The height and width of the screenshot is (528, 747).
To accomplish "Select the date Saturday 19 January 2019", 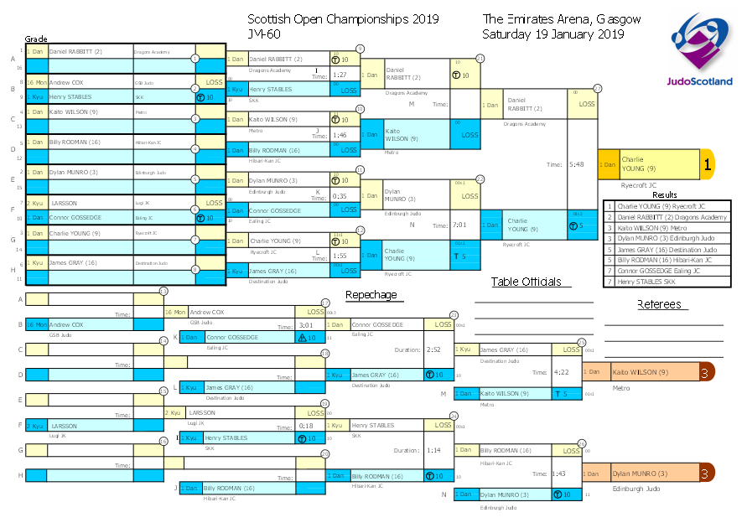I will tap(552, 34).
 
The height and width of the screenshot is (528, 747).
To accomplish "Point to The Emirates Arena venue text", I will tap(562, 19).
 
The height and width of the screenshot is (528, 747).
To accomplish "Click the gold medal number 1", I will tap(707, 165).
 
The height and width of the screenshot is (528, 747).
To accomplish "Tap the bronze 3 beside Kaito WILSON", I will tap(706, 372).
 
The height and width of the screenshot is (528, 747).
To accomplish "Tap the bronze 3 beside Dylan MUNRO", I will tap(706, 474).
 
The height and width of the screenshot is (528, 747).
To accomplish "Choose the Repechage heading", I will tap(371, 295).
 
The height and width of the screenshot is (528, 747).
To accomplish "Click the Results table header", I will tap(665, 194).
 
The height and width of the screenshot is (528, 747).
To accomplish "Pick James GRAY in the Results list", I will tap(665, 249).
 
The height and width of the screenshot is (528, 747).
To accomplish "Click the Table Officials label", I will tap(526, 282).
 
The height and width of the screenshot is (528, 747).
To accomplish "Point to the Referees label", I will tap(659, 304).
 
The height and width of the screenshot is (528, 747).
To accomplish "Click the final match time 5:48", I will tap(577, 165).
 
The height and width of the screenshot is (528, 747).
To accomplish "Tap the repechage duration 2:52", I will tap(433, 349).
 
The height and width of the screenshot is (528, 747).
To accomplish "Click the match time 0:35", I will tap(340, 195).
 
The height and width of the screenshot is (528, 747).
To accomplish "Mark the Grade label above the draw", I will tap(35, 39).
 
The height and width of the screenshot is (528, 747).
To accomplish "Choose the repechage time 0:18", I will tap(306, 426).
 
